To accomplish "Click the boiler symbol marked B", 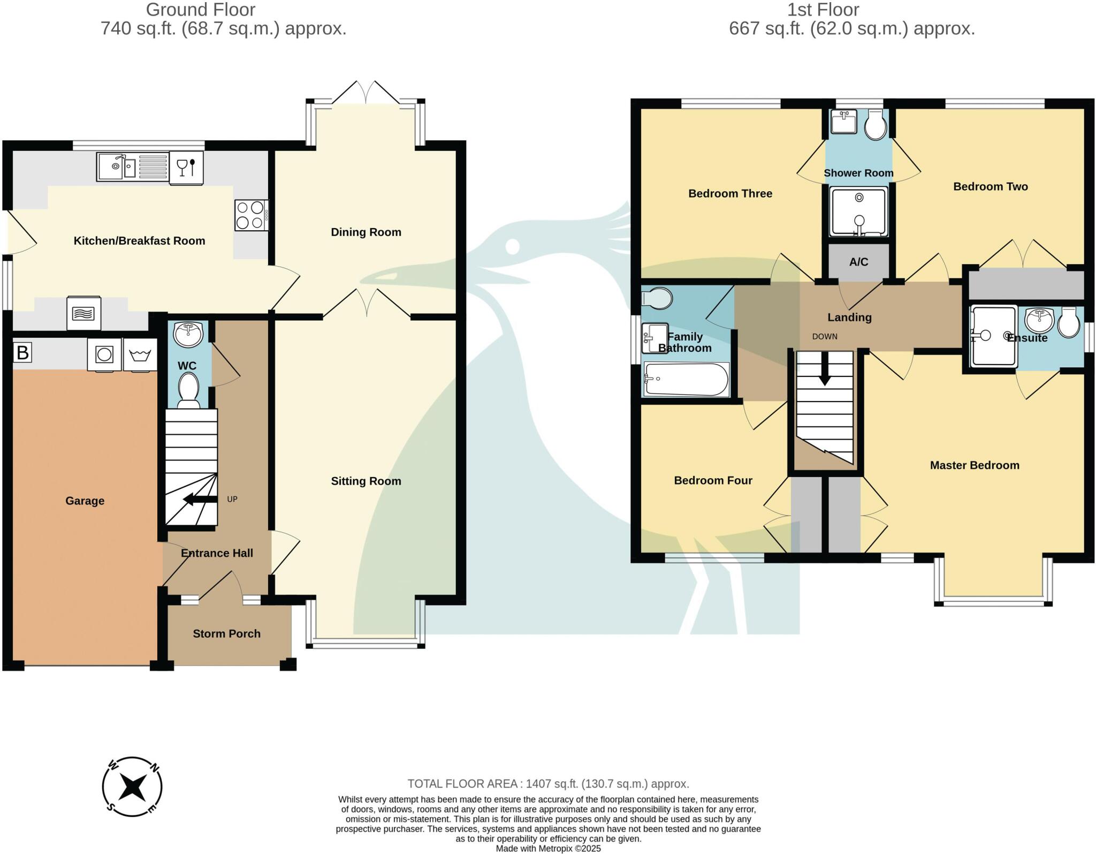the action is pyautogui.click(x=22, y=353).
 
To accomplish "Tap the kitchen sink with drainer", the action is pyautogui.click(x=133, y=167).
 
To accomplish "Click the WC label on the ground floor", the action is pyautogui.click(x=187, y=366).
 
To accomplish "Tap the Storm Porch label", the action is pyautogui.click(x=226, y=634).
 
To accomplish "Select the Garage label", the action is pyautogui.click(x=85, y=501).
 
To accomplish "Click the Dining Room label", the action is pyautogui.click(x=366, y=232).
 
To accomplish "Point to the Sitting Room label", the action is pyautogui.click(x=366, y=481).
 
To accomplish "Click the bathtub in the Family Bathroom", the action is pyautogui.click(x=686, y=380).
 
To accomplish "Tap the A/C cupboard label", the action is pyautogui.click(x=858, y=262).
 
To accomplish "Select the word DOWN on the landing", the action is pyautogui.click(x=825, y=337).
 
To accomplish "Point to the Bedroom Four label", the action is pyautogui.click(x=713, y=481).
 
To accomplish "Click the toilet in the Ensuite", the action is pyautogui.click(x=1069, y=322).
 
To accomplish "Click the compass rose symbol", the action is pyautogui.click(x=132, y=787).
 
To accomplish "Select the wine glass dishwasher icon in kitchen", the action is pyautogui.click(x=186, y=168).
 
